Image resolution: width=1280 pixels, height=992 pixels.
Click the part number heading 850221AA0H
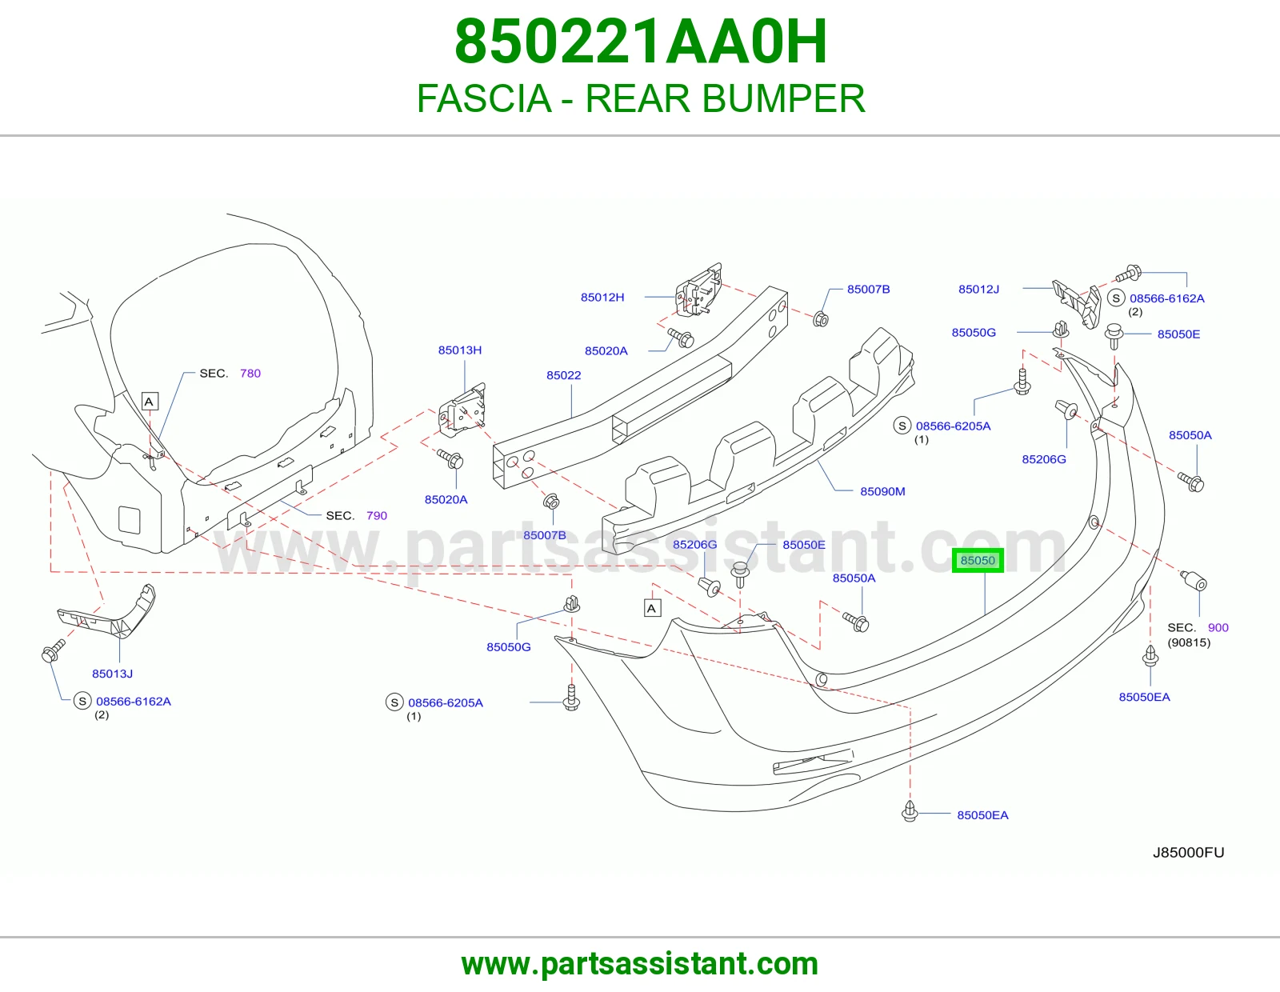click(x=641, y=42)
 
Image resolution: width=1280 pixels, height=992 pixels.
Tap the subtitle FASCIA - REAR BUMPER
click(x=641, y=98)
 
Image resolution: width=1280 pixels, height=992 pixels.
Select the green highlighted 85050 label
click(x=978, y=560)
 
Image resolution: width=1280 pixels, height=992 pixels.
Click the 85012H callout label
click(x=602, y=298)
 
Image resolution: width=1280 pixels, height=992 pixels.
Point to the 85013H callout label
click(x=459, y=350)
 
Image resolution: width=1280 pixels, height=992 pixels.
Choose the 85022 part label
click(x=563, y=375)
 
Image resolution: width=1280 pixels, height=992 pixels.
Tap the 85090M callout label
click(x=882, y=491)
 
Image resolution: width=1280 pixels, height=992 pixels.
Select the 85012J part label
click(x=978, y=290)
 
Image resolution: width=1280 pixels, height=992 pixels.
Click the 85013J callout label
click(x=112, y=674)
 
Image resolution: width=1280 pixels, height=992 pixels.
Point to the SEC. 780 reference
click(x=230, y=374)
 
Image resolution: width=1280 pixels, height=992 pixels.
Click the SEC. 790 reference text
click(x=356, y=516)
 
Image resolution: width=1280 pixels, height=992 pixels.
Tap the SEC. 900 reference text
click(x=1198, y=628)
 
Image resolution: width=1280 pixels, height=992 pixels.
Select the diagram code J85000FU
click(x=1188, y=853)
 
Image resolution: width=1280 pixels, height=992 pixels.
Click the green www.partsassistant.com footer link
click(x=640, y=964)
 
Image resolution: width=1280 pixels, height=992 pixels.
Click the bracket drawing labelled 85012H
click(x=699, y=290)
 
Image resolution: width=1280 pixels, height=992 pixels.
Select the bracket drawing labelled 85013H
click(x=462, y=410)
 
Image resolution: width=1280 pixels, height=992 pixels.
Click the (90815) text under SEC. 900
click(x=1189, y=642)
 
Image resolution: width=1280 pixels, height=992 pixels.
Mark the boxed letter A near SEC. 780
click(x=150, y=402)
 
